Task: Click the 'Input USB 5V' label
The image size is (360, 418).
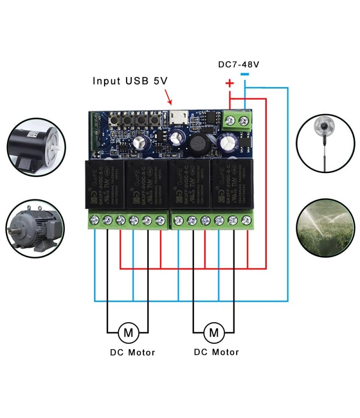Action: (x=130, y=81)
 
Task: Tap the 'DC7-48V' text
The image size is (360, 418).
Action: (x=238, y=65)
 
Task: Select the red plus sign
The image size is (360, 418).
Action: (x=229, y=83)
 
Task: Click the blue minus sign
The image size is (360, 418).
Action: (x=244, y=75)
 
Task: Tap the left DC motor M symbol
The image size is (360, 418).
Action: (x=128, y=333)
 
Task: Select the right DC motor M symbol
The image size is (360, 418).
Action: (x=213, y=333)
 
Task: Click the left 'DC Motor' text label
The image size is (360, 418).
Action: (x=132, y=352)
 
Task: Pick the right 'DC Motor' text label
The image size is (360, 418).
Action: (x=216, y=352)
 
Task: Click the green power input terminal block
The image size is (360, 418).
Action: (x=238, y=120)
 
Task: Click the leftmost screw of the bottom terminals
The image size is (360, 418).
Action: (x=94, y=220)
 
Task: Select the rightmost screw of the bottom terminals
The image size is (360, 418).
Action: (x=246, y=220)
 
